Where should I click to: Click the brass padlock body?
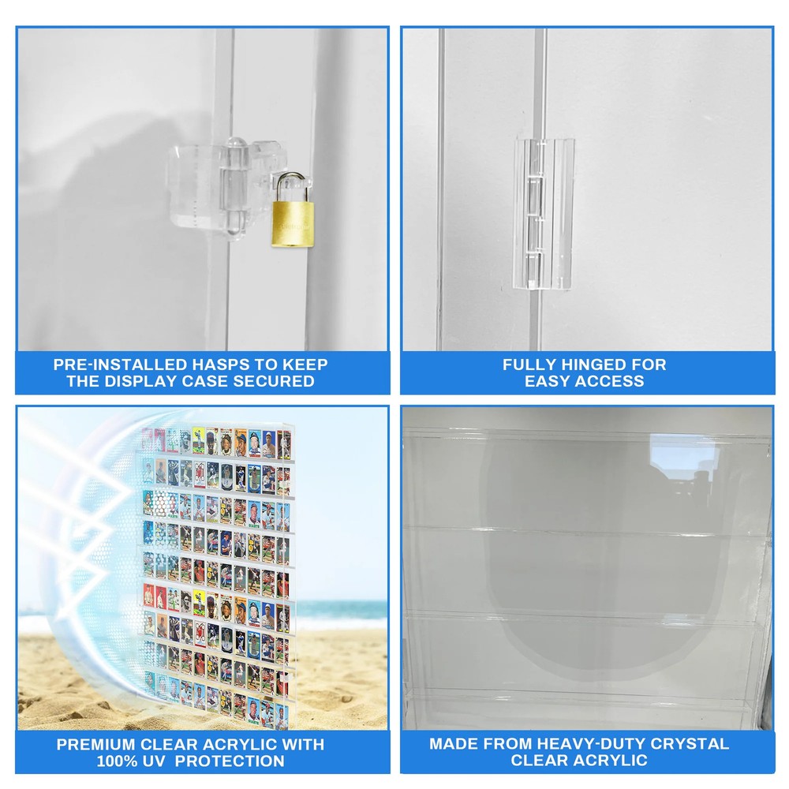tap(293, 224)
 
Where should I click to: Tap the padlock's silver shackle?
tap(290, 187)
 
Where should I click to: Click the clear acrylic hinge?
tap(544, 214)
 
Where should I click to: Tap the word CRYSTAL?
tap(689, 744)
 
